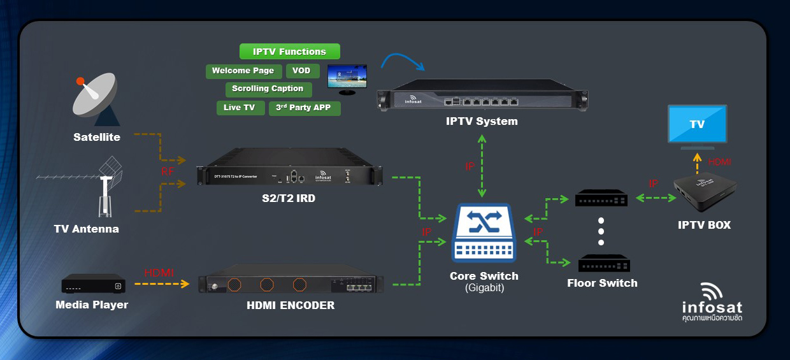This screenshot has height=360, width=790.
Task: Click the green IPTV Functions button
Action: pyautogui.click(x=289, y=52)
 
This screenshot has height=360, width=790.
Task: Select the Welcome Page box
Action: pyautogui.click(x=243, y=71)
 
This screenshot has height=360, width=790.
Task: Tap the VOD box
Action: pyautogui.click(x=301, y=71)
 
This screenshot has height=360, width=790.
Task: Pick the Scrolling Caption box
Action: pyautogui.click(x=268, y=89)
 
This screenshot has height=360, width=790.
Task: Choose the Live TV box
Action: pyautogui.click(x=240, y=108)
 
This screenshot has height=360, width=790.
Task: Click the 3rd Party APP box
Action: pyautogui.click(x=304, y=108)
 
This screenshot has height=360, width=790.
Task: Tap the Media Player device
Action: pyautogui.click(x=93, y=284)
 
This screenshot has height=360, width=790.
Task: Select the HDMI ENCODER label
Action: pyautogui.click(x=291, y=305)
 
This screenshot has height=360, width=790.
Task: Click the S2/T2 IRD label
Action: pyautogui.click(x=289, y=199)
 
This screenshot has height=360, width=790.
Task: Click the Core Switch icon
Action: pyautogui.click(x=484, y=233)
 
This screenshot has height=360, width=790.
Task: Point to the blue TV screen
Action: pyautogui.click(x=696, y=124)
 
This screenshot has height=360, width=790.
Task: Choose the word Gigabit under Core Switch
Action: pyautogui.click(x=484, y=289)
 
